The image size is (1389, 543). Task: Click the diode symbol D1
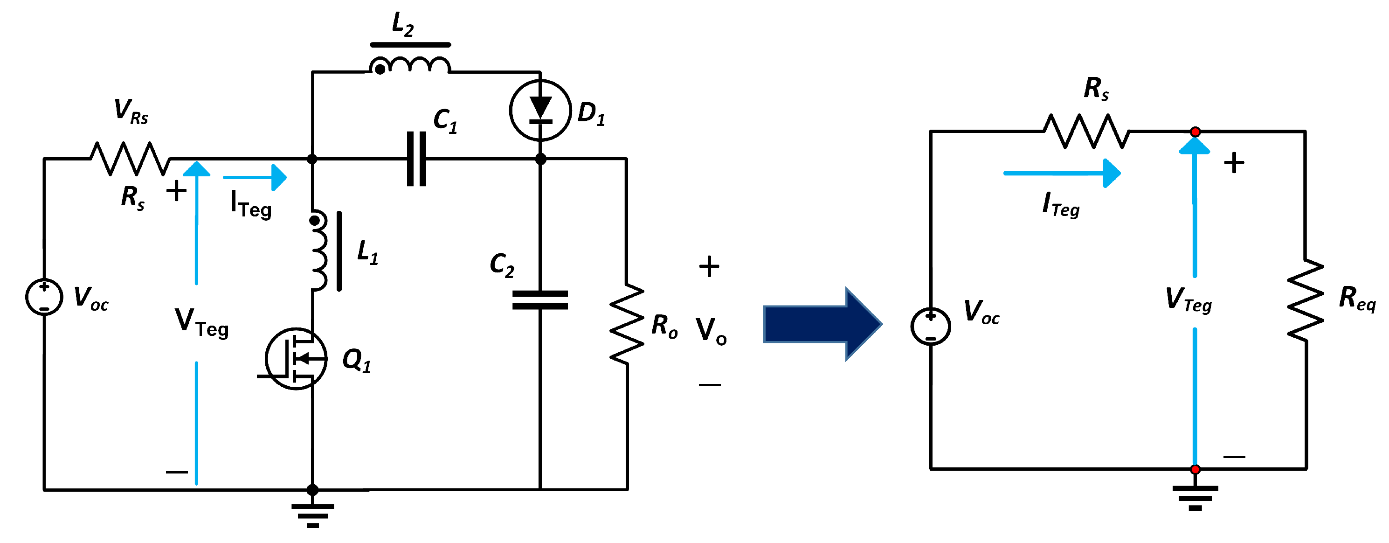(540, 110)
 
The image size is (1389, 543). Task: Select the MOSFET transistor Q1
(296, 359)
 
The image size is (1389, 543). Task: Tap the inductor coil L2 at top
(410, 65)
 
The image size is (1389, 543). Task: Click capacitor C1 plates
(416, 159)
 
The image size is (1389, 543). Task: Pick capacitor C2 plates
(540, 300)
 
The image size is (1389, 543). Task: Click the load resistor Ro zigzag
(627, 324)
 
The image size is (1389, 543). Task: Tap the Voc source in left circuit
(44, 297)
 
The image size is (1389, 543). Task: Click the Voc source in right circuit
(930, 327)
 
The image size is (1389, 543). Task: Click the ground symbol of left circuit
(312, 515)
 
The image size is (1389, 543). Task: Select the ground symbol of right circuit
(1195, 497)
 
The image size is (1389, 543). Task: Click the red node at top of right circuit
(1195, 132)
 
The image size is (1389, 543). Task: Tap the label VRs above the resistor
(131, 111)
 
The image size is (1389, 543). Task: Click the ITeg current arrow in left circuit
(255, 177)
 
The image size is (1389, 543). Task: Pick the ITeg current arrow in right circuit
(1062, 173)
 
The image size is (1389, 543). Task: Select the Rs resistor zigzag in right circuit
(1086, 131)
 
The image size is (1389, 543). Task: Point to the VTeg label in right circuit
(1189, 300)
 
